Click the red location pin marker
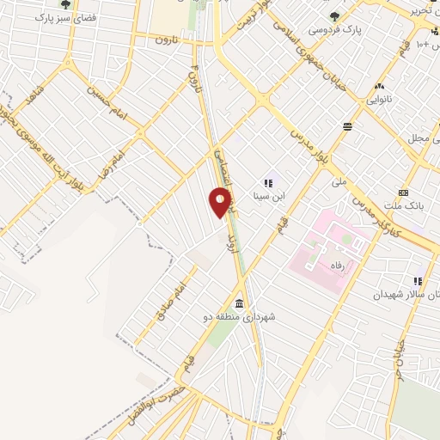(221, 203)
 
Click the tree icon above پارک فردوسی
(335, 15)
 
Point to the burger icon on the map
(346, 126)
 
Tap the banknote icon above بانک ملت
(404, 193)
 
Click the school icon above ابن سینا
(268, 182)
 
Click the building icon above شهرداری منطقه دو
(238, 304)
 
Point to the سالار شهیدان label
(400, 294)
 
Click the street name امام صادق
(168, 301)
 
